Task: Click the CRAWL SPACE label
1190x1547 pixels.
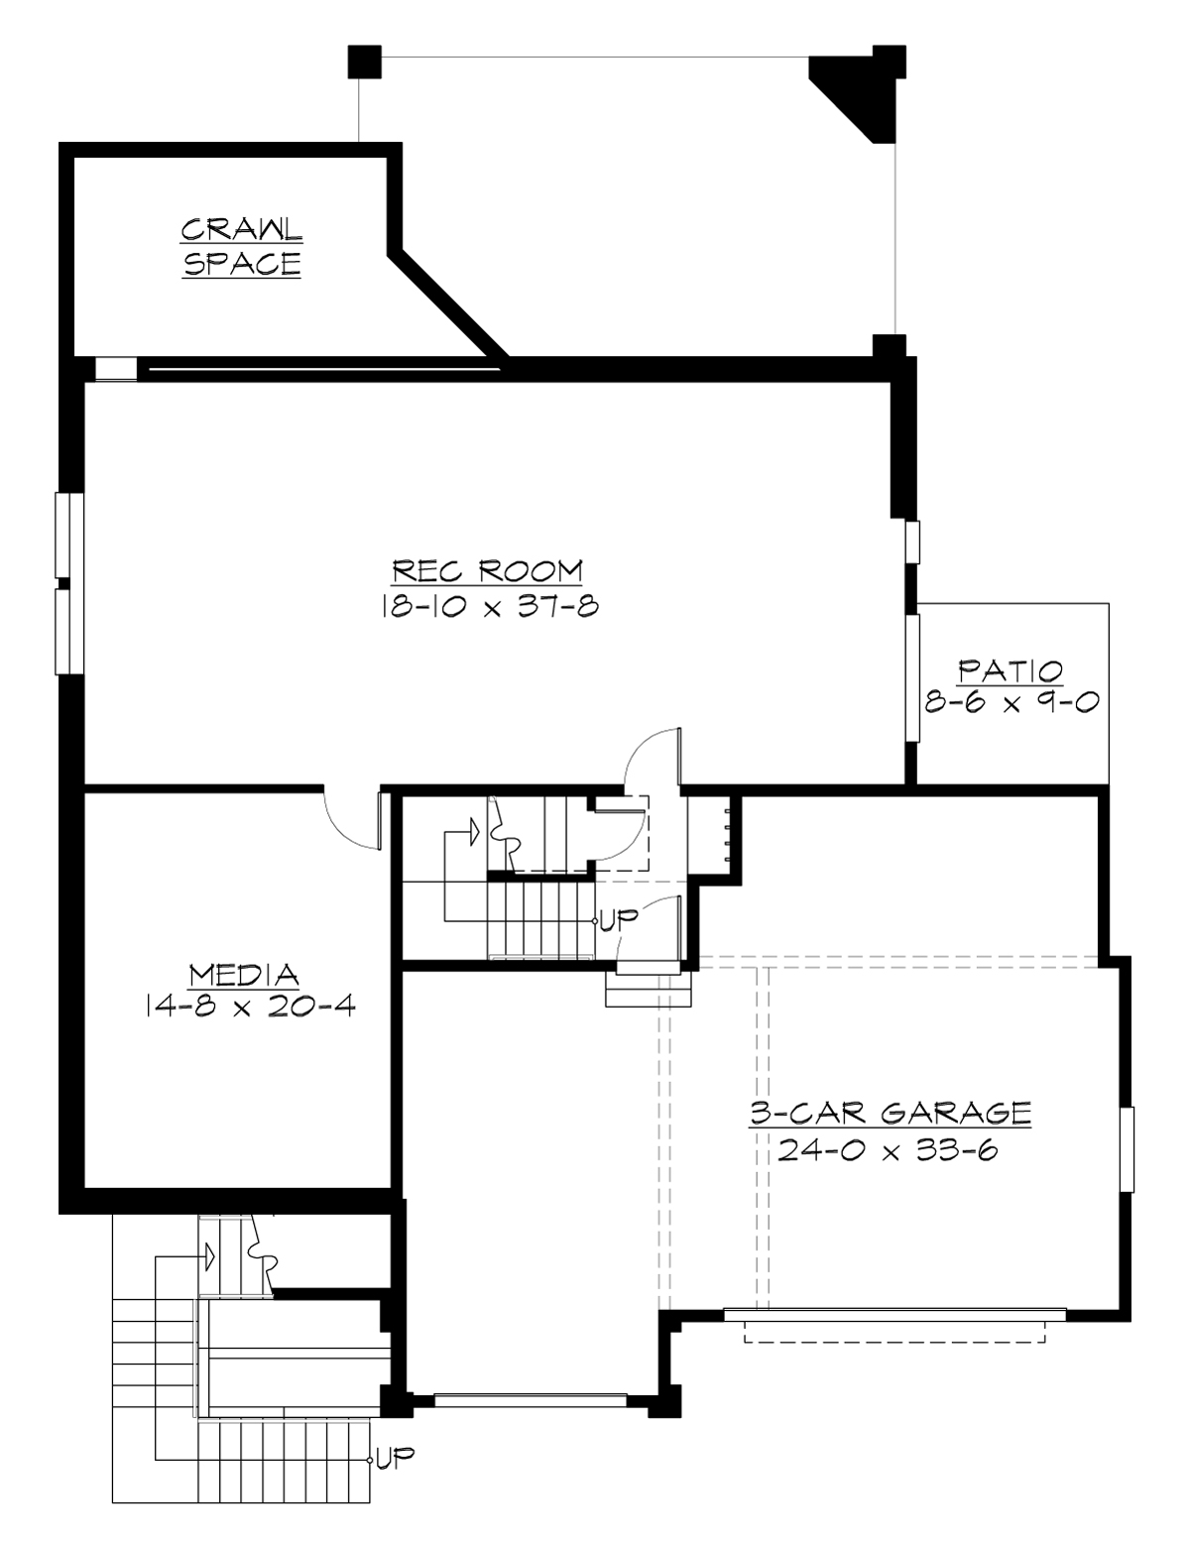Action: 241,247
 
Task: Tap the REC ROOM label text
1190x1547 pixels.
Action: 487,572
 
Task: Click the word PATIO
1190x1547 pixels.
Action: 1010,671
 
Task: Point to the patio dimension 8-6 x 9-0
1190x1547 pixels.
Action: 1010,701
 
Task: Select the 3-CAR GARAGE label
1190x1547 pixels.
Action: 889,1113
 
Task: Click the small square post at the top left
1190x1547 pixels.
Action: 363,61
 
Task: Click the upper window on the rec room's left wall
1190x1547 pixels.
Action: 62,535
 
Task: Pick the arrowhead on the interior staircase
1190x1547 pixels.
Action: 474,827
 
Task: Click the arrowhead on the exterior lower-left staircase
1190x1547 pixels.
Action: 209,1257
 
